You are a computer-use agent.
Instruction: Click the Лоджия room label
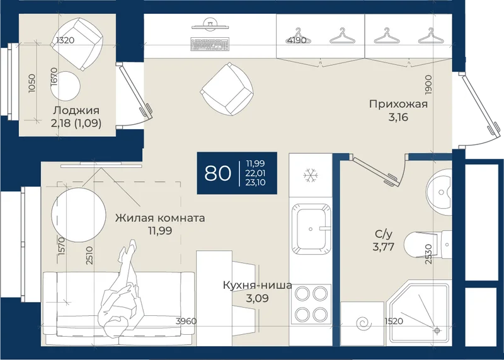[76, 110]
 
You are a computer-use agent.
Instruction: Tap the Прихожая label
[398, 104]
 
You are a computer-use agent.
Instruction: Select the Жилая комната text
[160, 218]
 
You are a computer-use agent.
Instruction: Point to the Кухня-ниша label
[258, 285]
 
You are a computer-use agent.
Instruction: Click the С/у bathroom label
[384, 234]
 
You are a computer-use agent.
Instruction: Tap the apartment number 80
[217, 173]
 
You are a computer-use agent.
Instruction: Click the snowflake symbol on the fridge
[311, 175]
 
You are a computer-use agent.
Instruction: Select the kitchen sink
[311, 229]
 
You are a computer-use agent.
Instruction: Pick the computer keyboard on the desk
[210, 44]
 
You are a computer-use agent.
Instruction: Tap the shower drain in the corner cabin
[437, 330]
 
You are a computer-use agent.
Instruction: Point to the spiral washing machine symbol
[365, 323]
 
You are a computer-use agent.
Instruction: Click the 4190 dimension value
[297, 40]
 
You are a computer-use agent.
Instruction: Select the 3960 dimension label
[186, 321]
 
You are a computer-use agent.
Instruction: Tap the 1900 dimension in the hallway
[428, 84]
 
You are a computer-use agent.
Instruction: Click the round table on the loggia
[66, 86]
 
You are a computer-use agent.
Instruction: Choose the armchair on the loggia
[77, 44]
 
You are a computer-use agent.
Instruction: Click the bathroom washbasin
[439, 192]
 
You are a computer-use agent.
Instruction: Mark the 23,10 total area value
[256, 183]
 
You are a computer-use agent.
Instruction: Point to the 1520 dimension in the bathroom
[394, 321]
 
